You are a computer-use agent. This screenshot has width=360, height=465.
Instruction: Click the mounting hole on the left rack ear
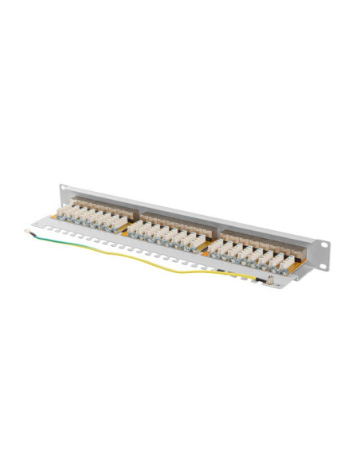pos(64,192)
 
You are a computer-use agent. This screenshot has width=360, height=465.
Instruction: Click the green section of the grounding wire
pos(64,243)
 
